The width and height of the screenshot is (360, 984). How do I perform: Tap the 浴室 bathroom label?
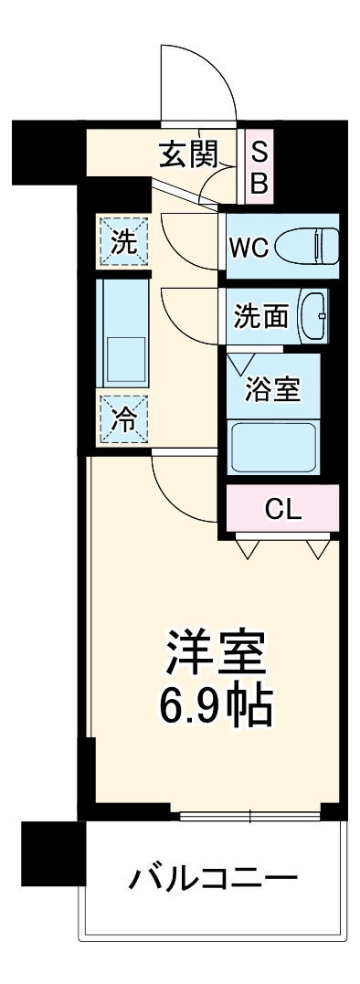point(272,388)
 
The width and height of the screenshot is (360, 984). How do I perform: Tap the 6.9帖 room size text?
point(216,706)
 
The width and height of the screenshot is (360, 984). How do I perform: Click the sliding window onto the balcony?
point(249,814)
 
